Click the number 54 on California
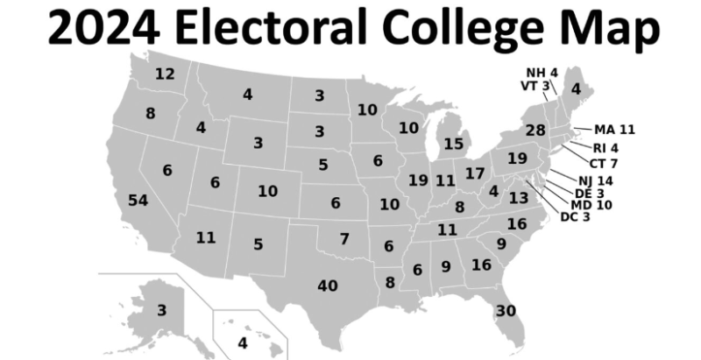click(138, 201)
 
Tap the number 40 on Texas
click(328, 286)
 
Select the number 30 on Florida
click(506, 311)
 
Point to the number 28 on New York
click(535, 130)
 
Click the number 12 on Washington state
click(165, 74)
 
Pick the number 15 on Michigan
click(453, 144)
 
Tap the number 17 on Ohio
click(474, 173)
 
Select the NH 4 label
click(542, 72)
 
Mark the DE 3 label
click(588, 193)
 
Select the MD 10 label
click(591, 205)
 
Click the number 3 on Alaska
click(161, 310)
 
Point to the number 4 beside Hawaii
click(243, 342)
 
